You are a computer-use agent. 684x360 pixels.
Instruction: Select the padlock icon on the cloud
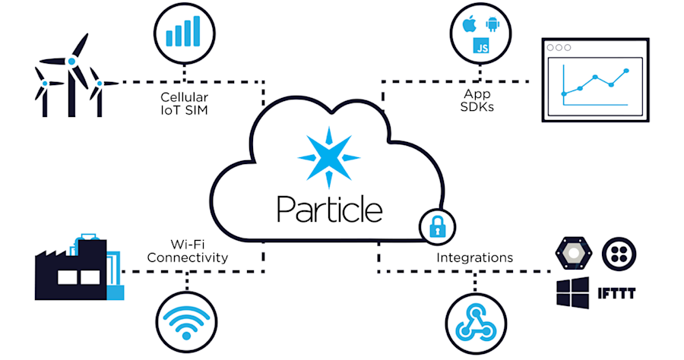tap(437, 226)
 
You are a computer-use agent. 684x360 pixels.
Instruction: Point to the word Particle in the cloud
tap(330, 207)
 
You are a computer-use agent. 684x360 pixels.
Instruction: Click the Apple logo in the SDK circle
tap(468, 24)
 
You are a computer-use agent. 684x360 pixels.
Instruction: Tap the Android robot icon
tap(491, 26)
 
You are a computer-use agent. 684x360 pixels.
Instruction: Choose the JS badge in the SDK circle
tap(480, 46)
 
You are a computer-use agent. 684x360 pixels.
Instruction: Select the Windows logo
tap(572, 292)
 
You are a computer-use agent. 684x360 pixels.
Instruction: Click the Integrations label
tap(474, 257)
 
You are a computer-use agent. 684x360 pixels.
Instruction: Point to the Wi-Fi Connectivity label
tap(188, 251)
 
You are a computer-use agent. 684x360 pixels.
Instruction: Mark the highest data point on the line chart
tap(626, 71)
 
